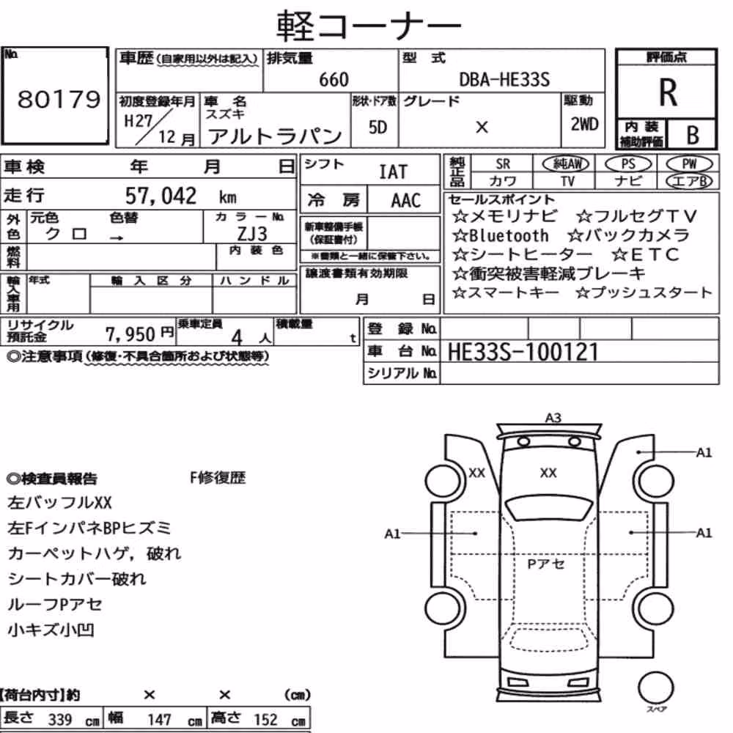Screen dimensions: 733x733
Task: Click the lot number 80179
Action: (x=59, y=99)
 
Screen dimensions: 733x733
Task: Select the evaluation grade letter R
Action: (x=668, y=92)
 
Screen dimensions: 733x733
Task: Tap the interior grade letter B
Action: (x=693, y=135)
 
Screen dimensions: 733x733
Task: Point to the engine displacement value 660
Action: (x=334, y=79)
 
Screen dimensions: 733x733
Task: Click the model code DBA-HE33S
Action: (x=504, y=79)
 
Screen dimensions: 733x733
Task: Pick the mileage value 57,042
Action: (x=161, y=196)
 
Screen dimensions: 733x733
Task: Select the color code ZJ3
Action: (x=252, y=233)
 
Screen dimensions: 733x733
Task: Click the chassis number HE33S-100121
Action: (x=523, y=352)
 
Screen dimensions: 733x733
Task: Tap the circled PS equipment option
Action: (x=628, y=163)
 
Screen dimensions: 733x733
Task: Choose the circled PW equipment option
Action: (x=689, y=163)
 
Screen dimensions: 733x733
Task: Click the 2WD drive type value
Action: (x=584, y=125)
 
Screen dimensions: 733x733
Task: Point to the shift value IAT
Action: (x=393, y=172)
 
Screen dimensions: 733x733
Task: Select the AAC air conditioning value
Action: (x=406, y=201)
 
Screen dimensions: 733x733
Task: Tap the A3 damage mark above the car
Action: (x=553, y=418)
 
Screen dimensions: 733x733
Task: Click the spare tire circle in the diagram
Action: (x=655, y=688)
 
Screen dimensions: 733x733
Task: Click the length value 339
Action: (x=60, y=720)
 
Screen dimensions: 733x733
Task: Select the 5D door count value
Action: (x=377, y=127)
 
